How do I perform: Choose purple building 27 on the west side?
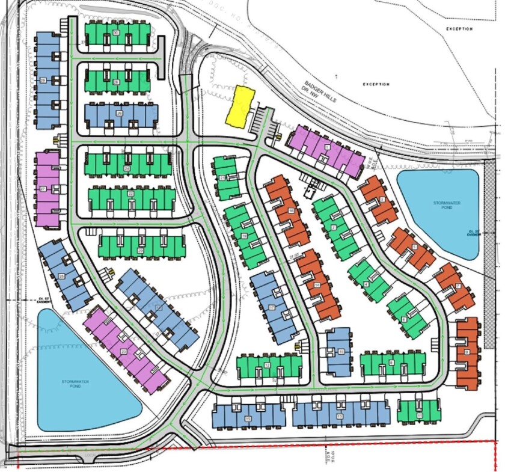tap(46, 189)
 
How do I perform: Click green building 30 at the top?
tap(116, 34)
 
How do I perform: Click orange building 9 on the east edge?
tap(467, 352)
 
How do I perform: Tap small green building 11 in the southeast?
tap(419, 411)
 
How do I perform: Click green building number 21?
tap(227, 179)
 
